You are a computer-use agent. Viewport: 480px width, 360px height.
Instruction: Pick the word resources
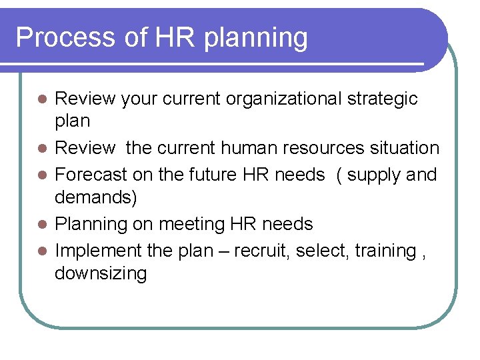click(x=319, y=148)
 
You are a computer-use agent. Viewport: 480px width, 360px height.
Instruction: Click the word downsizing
click(x=101, y=274)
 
